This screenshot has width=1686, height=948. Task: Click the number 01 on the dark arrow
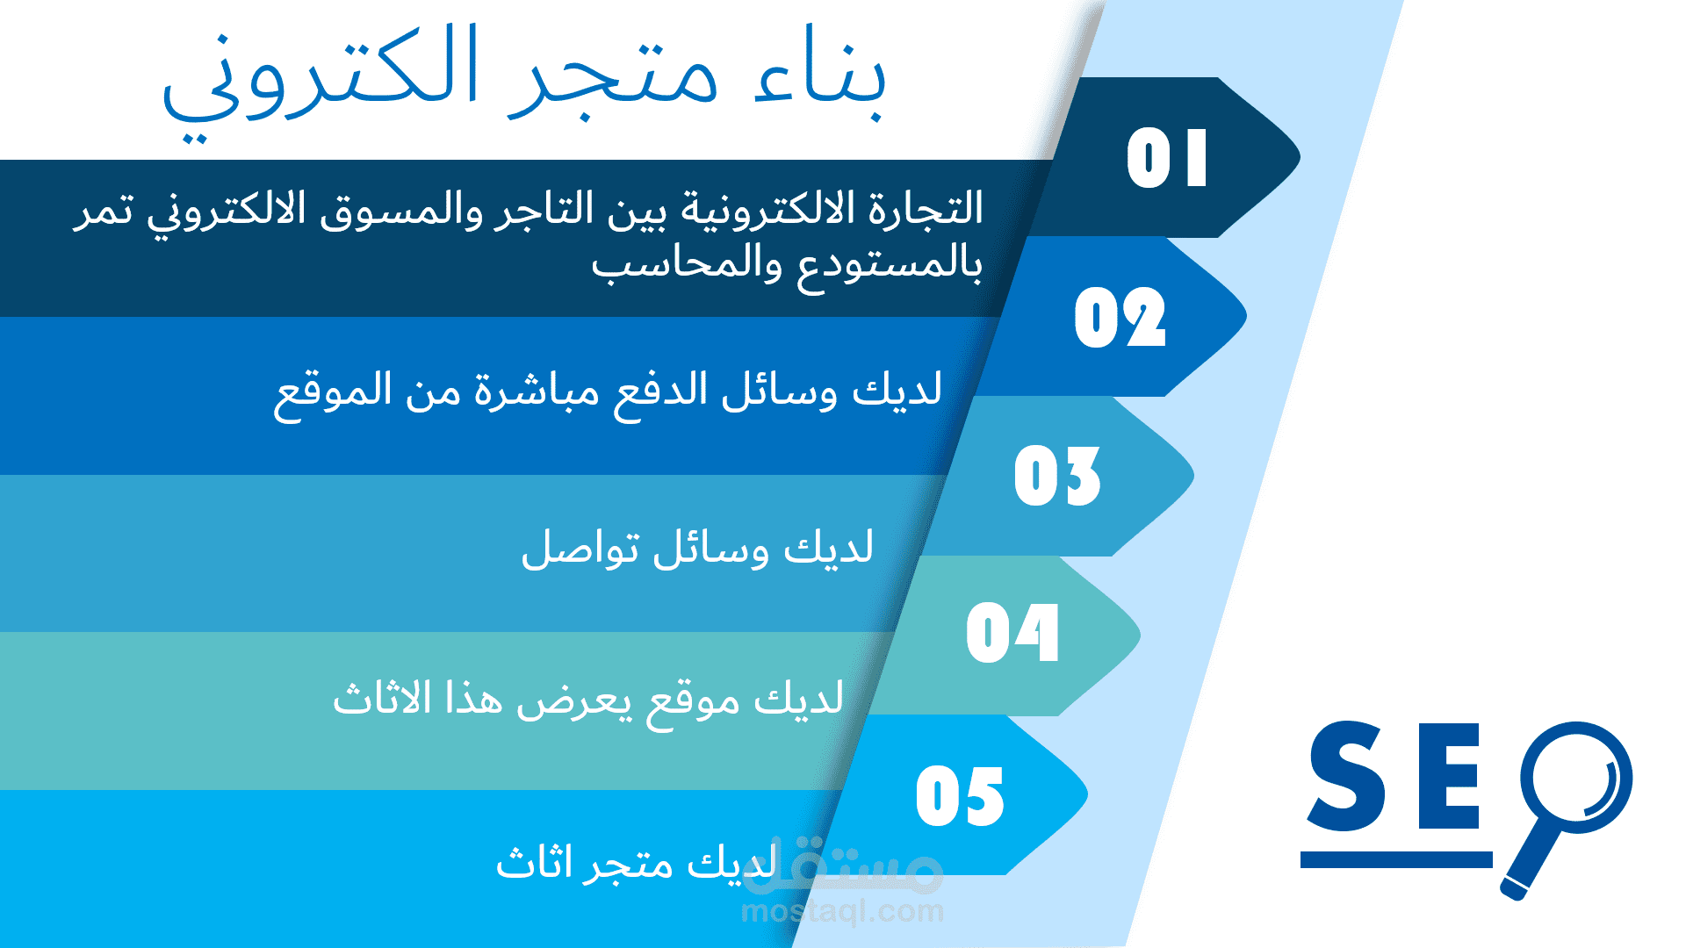pyautogui.click(x=1167, y=158)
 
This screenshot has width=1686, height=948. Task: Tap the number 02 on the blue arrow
pyautogui.click(x=1120, y=317)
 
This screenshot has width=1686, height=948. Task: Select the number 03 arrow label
pyautogui.click(x=1057, y=476)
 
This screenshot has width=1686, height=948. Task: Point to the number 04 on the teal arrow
pyautogui.click(x=1012, y=633)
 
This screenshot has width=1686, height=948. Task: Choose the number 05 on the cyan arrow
pyautogui.click(x=960, y=796)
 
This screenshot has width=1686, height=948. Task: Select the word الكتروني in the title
pyautogui.click(x=321, y=83)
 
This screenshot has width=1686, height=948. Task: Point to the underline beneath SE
pyautogui.click(x=1396, y=859)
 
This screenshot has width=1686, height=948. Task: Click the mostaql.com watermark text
pyautogui.click(x=843, y=911)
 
